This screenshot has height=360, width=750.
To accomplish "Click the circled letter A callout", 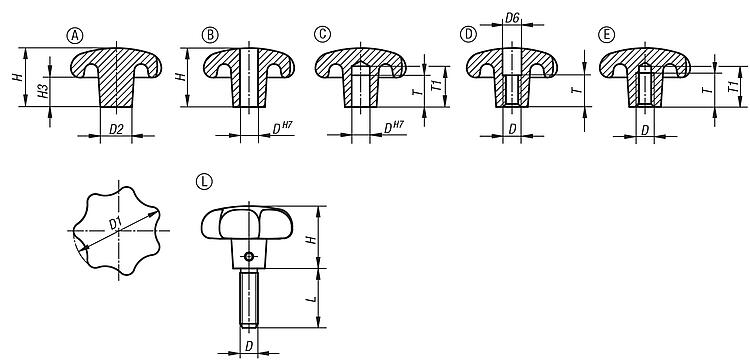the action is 75,35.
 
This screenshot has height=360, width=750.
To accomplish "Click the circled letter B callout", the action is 210,35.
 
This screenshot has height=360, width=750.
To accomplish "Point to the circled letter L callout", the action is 204,182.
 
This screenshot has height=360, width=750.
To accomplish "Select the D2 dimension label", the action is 117,129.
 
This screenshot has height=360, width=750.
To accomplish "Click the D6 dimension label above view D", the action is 512,19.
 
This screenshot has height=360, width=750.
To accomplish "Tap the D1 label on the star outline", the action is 116,223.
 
